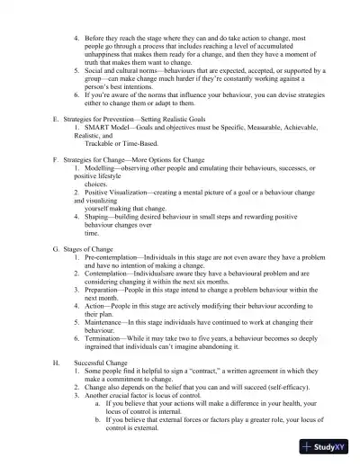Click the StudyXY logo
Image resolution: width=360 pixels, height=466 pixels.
(x=327, y=447)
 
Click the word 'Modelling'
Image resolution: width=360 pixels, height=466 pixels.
(x=104, y=168)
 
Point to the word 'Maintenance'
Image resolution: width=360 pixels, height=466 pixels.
(x=110, y=321)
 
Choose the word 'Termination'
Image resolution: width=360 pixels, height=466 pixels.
(x=109, y=336)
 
